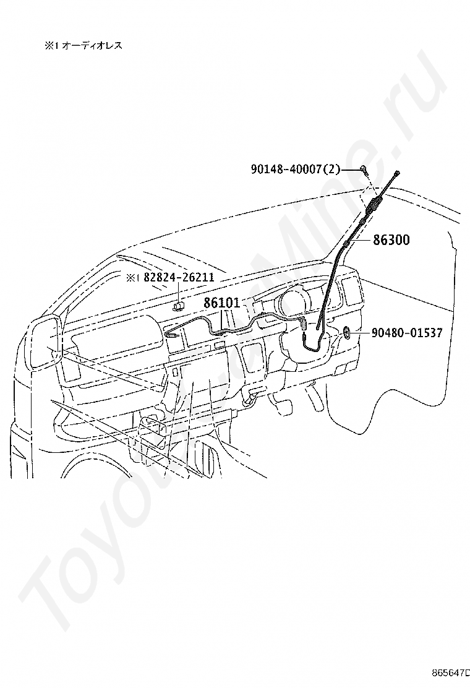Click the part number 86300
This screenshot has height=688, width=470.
[x=391, y=240]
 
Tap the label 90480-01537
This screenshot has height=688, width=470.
[x=407, y=333]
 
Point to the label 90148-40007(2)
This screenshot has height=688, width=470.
[x=296, y=168]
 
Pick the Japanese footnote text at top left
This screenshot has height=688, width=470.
[x=83, y=45]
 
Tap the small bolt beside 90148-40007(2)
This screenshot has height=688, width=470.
[x=364, y=169]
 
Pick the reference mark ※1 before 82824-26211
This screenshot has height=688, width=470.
[x=133, y=278]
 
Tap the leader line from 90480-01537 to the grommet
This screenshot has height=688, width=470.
[x=361, y=333]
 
